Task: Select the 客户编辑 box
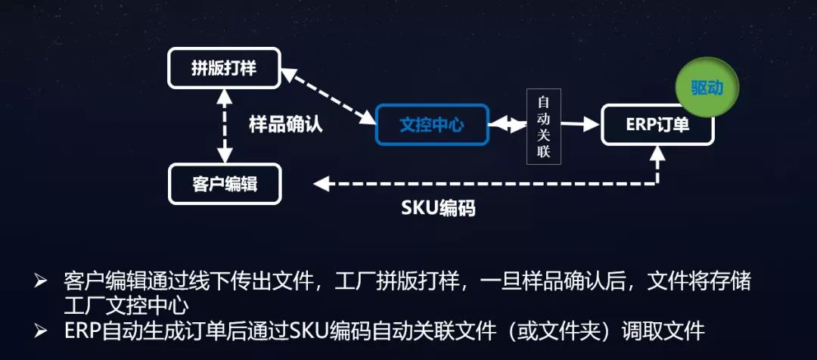pos(224,184)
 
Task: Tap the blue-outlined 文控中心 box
pos(432,123)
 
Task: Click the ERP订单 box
pos(657,124)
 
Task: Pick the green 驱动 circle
pos(707,88)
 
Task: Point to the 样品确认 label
pos(285,125)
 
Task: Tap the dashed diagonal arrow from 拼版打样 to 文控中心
pos(328,96)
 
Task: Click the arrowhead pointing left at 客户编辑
pos(321,183)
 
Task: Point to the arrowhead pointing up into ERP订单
pos(657,154)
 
